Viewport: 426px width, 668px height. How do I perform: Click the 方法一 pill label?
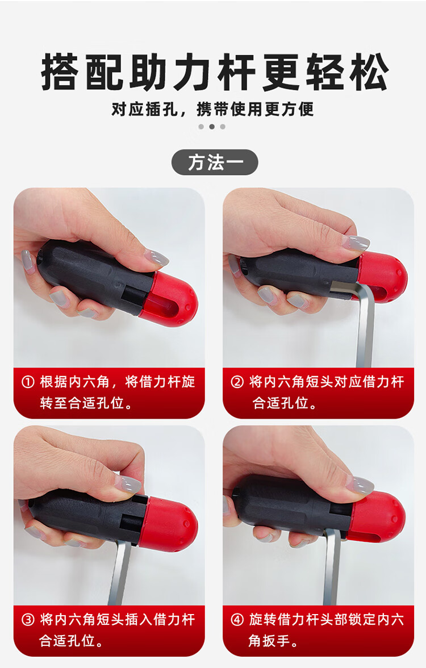coord(215,162)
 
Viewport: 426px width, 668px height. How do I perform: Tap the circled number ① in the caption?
coord(28,382)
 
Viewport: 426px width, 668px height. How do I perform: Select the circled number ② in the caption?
coord(237,382)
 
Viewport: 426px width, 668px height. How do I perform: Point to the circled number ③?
coord(28,619)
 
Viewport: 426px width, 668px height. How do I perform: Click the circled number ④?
coord(237,619)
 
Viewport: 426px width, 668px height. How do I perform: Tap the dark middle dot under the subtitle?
coord(212,127)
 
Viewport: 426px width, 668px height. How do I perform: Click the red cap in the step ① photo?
coord(170,298)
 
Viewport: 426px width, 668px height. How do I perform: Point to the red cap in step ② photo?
coord(381,276)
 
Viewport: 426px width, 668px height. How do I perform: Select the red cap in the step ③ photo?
coord(170,523)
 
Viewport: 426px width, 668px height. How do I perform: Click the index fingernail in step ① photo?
coord(156,257)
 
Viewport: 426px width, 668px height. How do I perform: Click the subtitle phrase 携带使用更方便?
coord(255,110)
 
